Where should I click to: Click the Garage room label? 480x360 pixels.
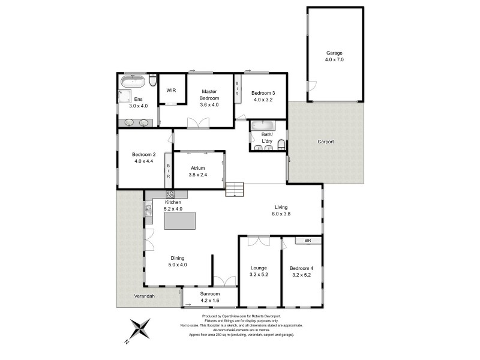tap(335, 52)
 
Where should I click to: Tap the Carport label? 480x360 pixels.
tap(326, 142)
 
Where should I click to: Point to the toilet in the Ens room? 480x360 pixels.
tap(153, 80)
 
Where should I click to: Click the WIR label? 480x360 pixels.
tap(171, 90)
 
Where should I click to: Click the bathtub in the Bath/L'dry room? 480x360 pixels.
tap(263, 126)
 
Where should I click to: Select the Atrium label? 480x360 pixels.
tap(198, 168)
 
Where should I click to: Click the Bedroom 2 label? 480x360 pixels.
tap(144, 154)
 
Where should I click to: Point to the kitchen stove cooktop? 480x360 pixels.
tap(170, 194)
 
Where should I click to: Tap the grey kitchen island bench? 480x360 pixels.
tap(181, 221)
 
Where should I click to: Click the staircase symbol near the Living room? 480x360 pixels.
tap(235, 190)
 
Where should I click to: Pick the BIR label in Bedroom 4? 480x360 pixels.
tap(308, 241)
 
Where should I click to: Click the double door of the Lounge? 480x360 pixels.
tap(259, 241)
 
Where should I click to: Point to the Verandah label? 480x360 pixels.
tap(144, 296)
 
